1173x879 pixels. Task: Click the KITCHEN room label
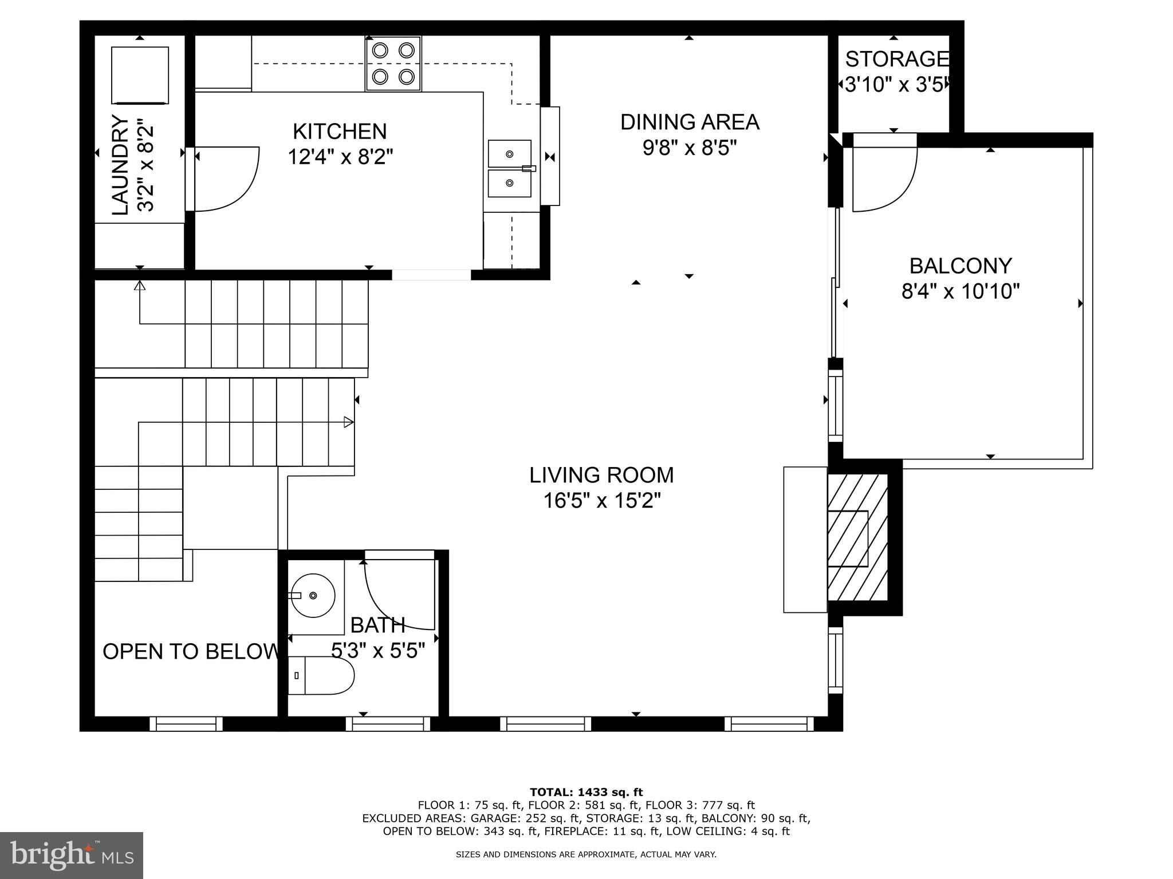point(340,132)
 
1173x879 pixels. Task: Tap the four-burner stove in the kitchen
point(393,64)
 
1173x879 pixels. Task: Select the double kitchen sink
point(510,169)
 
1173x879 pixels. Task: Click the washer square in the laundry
point(140,75)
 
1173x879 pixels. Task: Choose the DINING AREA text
point(690,122)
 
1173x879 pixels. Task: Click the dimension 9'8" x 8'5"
point(689,148)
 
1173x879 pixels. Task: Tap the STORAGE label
point(896,59)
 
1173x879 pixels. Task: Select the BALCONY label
point(961,266)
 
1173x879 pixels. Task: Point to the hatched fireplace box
point(857,538)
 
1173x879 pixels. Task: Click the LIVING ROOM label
point(601,475)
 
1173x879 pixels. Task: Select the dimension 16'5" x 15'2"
point(601,501)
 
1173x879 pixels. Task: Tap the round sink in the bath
point(313,596)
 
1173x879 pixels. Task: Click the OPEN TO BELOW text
point(190,651)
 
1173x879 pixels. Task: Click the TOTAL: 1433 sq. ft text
point(586,793)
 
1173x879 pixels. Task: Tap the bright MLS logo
point(71,855)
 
